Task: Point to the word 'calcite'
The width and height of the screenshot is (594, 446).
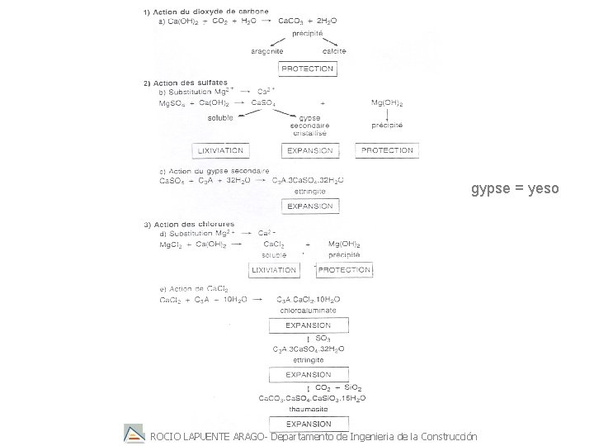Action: (x=335, y=51)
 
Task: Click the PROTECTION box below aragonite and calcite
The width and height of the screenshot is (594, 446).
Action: (x=307, y=69)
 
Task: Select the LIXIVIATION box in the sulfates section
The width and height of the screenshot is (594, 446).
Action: (x=219, y=150)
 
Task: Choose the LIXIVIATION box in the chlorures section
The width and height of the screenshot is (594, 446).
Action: (x=275, y=270)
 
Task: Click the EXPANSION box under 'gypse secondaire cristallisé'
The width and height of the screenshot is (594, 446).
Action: (x=309, y=150)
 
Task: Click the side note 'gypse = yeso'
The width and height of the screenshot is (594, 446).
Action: (x=515, y=189)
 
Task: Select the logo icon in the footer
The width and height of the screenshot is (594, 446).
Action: (x=134, y=434)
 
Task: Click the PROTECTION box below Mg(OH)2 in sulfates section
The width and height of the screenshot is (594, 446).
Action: (x=387, y=150)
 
